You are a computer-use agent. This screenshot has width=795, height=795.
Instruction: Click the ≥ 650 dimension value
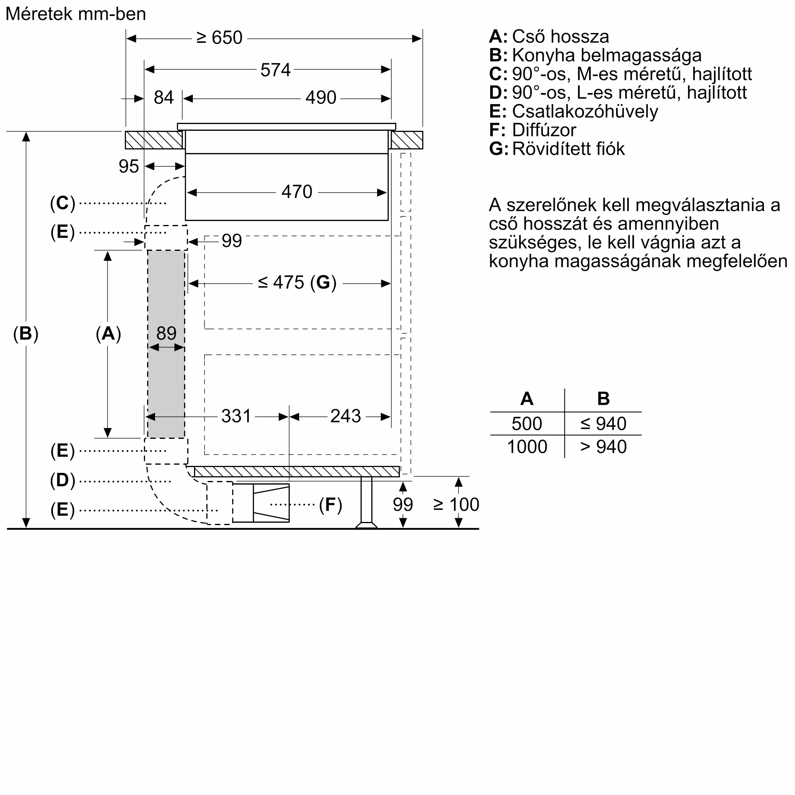coord(219,38)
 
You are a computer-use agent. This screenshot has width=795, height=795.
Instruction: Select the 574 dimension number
coord(275,70)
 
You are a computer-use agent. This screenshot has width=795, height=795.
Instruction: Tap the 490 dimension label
coord(320,98)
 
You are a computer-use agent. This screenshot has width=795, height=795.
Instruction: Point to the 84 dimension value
coord(163,98)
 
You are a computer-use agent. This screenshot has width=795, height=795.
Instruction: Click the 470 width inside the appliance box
coord(297,192)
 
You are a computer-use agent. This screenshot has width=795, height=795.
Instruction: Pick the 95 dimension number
coord(128,167)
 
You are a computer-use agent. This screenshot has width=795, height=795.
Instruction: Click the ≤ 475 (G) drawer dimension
coord(297,283)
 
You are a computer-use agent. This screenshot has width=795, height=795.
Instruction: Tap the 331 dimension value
coord(236,416)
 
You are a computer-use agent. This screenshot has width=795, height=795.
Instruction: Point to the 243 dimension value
coord(345,416)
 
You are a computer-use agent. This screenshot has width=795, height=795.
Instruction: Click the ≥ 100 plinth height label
coord(456,504)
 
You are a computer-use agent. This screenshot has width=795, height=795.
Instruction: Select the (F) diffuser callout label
coord(330,504)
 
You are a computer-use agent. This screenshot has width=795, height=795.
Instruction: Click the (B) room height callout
coord(25,334)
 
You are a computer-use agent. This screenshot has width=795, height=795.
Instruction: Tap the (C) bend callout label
coord(62,203)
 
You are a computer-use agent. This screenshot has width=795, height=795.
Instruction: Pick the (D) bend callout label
coord(62,480)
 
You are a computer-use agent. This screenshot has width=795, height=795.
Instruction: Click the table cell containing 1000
coord(527,447)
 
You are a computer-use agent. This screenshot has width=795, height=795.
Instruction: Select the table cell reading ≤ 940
coord(603,424)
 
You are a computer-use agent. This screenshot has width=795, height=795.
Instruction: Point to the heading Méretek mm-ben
coord(76,14)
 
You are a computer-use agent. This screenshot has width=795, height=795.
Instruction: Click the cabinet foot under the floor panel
coord(366,502)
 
